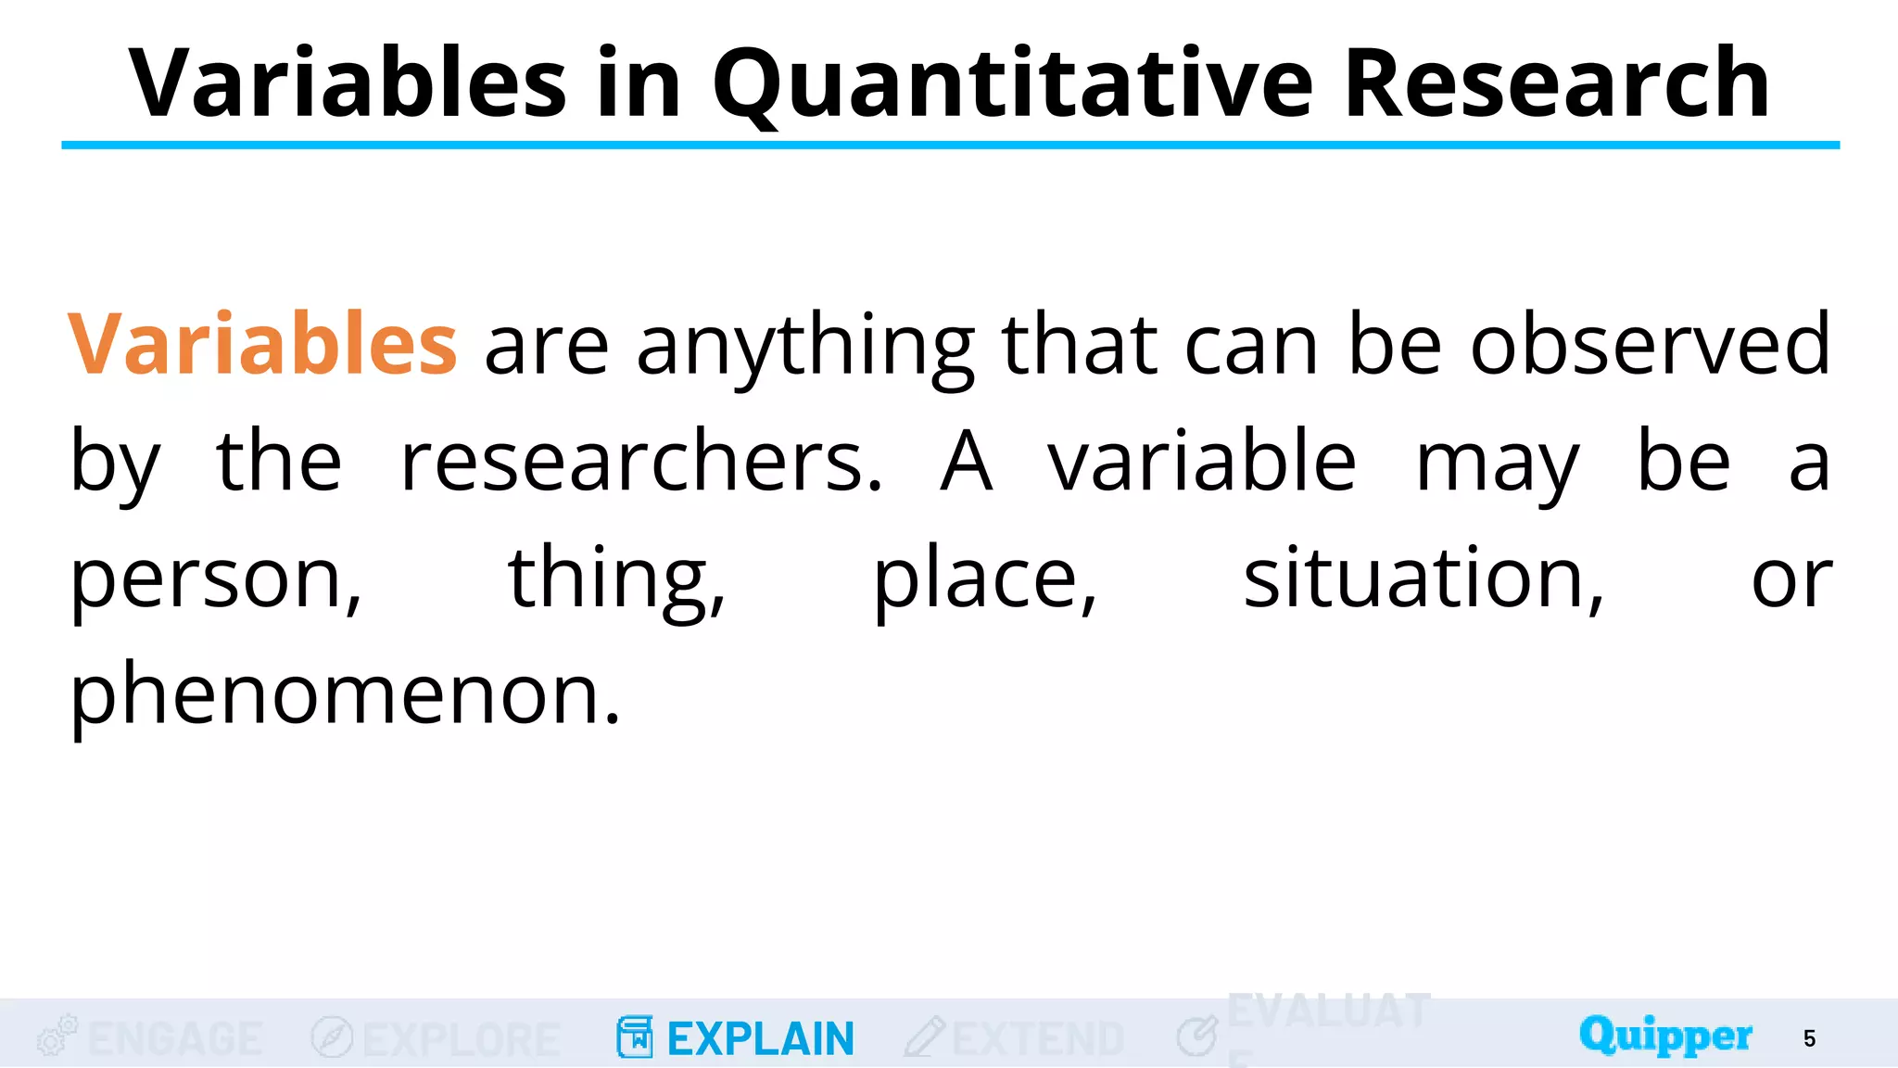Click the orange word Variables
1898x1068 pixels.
tap(262, 344)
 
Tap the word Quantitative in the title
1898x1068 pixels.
tap(1012, 85)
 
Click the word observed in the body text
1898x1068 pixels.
tap(1650, 344)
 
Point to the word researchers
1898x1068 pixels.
tap(641, 461)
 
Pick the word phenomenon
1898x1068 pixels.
tap(345, 694)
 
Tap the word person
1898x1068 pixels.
tap(216, 579)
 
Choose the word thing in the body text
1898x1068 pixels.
tap(616, 579)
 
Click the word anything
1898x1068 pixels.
tap(804, 346)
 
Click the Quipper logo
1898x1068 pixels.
tap(1665, 1035)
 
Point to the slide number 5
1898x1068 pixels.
tap(1809, 1038)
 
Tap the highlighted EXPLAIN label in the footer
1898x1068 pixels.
tap(760, 1038)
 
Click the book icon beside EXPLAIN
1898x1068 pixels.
tap(635, 1036)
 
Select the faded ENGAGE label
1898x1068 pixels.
tap(175, 1038)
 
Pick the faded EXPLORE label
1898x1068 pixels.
tap(462, 1038)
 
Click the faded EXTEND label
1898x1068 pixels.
tap(1038, 1038)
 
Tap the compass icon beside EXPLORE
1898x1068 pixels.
tap(332, 1036)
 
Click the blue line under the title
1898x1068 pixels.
tap(949, 145)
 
